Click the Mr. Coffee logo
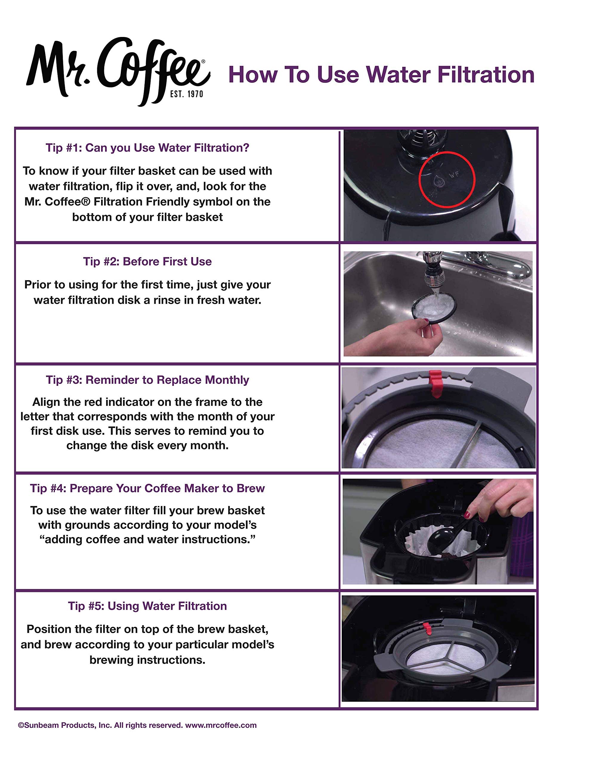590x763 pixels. [x=118, y=71]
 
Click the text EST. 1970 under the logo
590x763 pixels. [x=186, y=94]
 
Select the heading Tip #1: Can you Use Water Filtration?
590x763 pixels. [x=147, y=148]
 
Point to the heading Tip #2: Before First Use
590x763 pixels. [x=147, y=261]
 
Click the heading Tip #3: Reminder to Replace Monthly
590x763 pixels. [x=147, y=380]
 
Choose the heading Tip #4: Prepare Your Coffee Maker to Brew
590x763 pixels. [x=147, y=488]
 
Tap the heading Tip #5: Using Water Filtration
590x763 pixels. [x=147, y=606]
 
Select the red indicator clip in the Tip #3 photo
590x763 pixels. [x=436, y=384]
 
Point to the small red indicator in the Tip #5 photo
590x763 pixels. [x=427, y=629]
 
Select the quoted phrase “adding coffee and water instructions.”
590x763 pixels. [x=147, y=539]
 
